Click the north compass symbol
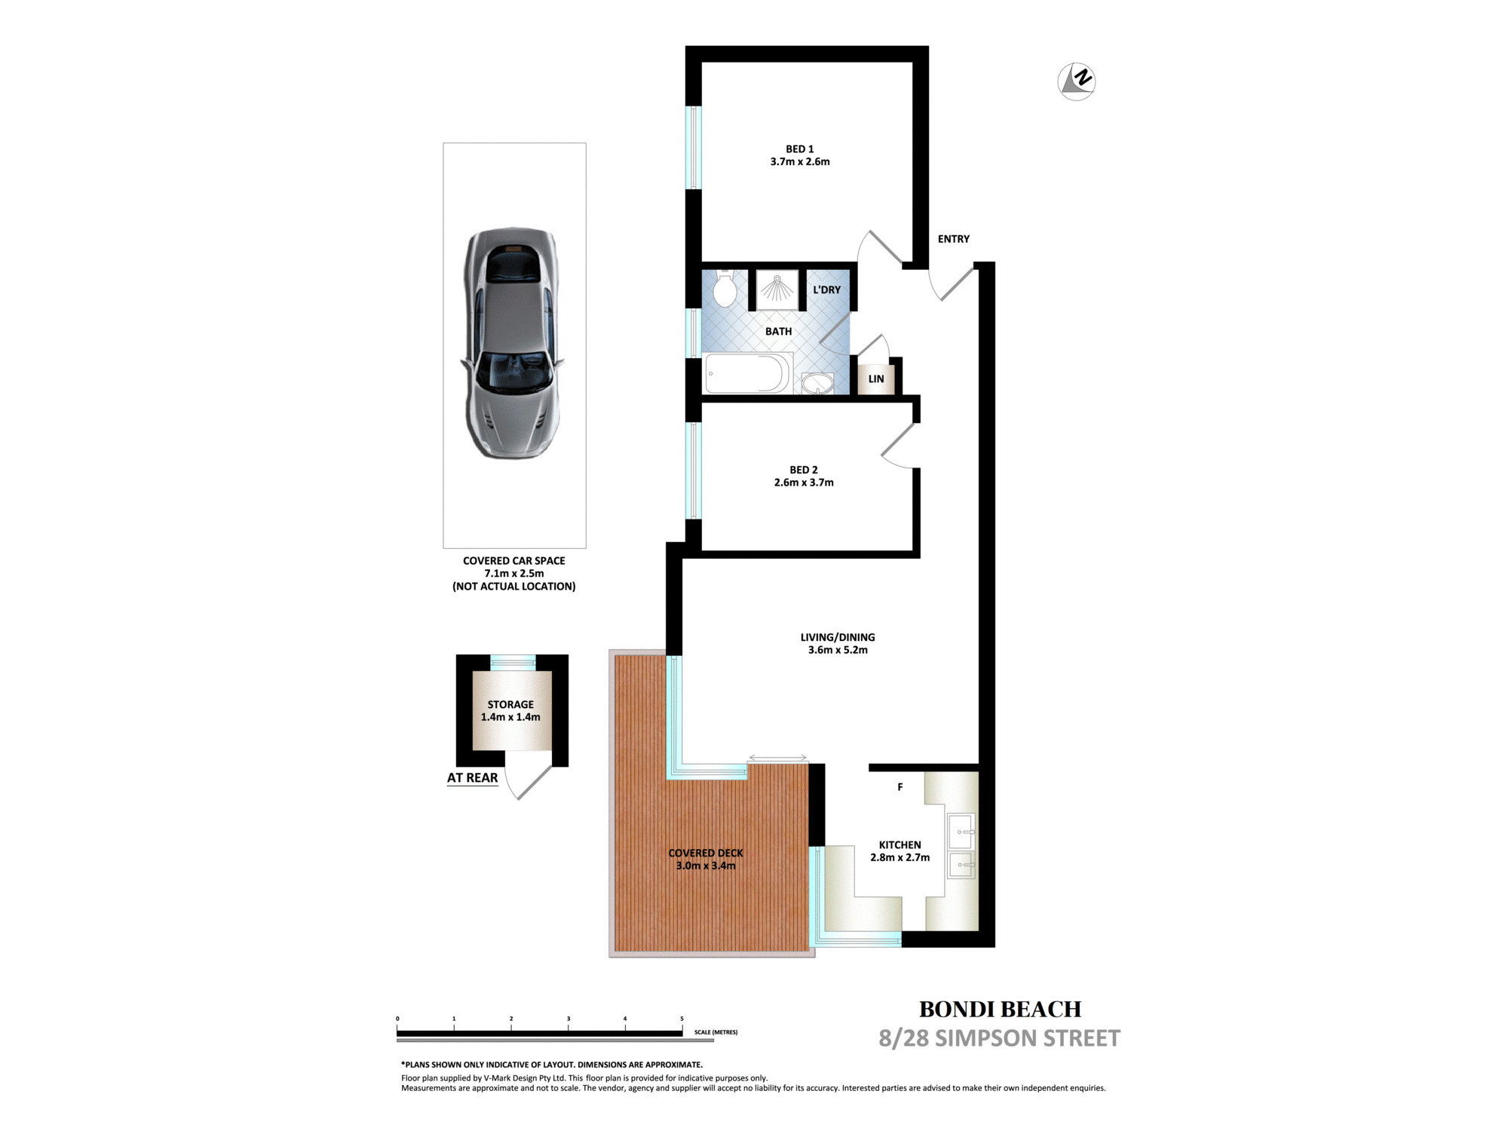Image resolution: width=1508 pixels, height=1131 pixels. point(1076,81)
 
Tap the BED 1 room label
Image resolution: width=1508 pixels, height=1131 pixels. point(800,149)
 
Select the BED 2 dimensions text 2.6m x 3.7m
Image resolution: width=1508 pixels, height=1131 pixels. point(804,483)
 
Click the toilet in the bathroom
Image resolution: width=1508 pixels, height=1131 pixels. point(725,288)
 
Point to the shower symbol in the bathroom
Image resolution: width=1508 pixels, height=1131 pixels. point(777,289)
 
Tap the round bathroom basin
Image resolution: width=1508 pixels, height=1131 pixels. point(817,384)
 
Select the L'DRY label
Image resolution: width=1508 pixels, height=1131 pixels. point(826,290)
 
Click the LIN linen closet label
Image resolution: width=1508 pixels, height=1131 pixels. point(876,379)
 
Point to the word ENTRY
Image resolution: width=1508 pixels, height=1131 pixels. point(954,239)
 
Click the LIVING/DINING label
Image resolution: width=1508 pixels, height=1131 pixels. point(838,637)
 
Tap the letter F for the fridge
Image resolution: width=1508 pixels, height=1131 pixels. point(900,787)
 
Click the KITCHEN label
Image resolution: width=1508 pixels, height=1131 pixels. point(900,845)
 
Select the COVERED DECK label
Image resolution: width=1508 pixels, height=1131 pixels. point(706,854)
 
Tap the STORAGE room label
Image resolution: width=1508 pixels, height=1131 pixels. point(510,705)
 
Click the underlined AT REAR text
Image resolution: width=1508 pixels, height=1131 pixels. point(473,778)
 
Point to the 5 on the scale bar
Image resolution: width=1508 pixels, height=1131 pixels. point(682,1019)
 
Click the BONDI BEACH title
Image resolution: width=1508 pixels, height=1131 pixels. point(1001,1010)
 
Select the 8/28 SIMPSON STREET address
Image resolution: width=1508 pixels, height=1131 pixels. point(1000,1039)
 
